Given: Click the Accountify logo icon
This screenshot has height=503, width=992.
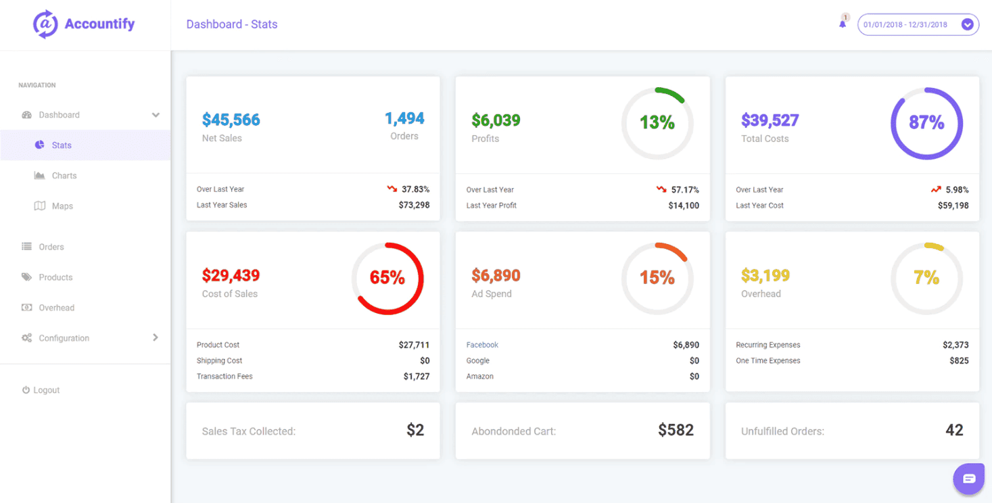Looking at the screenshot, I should (x=45, y=24).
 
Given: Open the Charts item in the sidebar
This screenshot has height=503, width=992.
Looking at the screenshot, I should (x=64, y=176).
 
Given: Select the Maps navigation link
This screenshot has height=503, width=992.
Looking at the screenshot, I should (x=62, y=206).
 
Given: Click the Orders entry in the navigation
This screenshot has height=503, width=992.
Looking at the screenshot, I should (x=51, y=247).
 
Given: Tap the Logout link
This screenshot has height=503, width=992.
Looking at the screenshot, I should (x=46, y=390).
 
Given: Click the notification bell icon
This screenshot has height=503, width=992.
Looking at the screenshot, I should (x=843, y=24).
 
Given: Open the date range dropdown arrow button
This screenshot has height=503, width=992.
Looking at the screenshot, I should (x=968, y=24).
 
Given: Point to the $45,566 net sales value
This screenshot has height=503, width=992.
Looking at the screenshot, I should (x=231, y=120).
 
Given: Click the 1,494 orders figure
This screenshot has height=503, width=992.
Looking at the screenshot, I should (x=404, y=119).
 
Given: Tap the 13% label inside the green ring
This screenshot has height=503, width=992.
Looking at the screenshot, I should (x=657, y=123).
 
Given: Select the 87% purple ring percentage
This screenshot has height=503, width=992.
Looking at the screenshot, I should (x=926, y=123).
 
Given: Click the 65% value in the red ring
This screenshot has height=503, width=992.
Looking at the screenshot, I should (x=387, y=278).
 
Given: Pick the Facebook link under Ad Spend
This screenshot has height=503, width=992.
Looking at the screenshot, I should (x=482, y=345).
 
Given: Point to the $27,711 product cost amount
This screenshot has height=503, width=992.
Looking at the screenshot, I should (x=414, y=345).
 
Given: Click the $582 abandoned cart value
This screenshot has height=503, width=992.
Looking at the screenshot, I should (x=676, y=430).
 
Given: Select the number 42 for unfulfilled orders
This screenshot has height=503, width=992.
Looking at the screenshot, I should (x=954, y=430).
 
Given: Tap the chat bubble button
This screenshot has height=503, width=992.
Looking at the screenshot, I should (x=969, y=479).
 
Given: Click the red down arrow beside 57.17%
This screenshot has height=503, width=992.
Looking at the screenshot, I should (x=661, y=190).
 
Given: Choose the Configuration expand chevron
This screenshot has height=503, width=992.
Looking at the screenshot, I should (x=156, y=337).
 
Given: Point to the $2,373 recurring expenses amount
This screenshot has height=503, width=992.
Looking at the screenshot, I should (x=955, y=345).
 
